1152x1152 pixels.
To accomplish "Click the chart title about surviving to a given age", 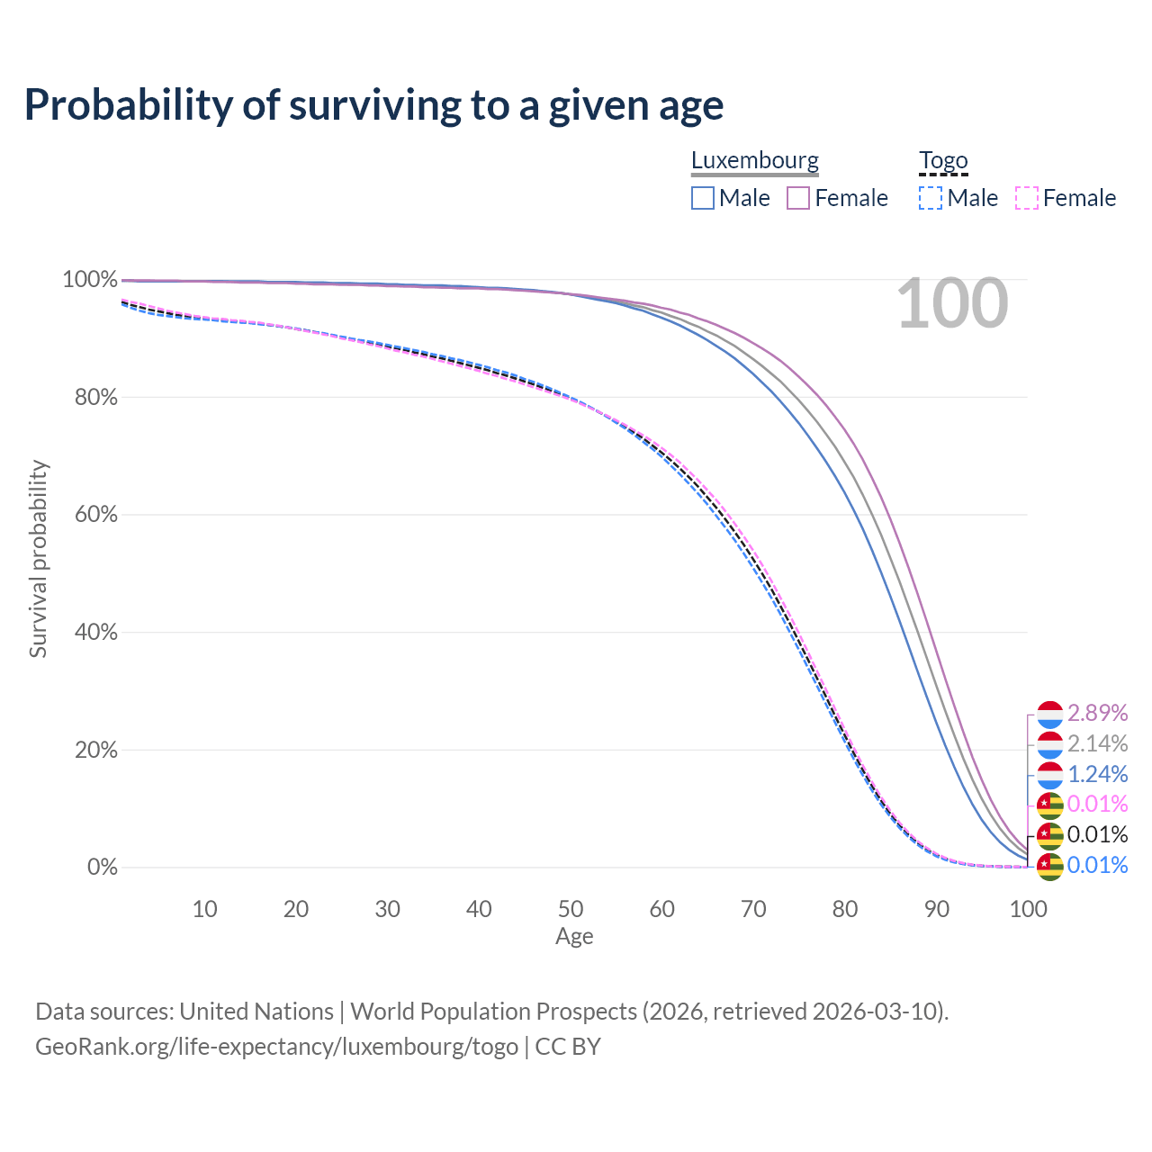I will (373, 105).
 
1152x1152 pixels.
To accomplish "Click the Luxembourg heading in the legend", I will (754, 161).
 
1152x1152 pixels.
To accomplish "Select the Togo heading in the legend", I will (942, 161).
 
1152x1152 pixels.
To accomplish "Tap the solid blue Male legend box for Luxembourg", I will (703, 198).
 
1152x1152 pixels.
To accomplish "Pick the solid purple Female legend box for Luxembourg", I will (798, 198).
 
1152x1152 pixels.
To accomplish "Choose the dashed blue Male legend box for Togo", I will (931, 198).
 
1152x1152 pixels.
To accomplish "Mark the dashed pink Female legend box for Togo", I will (1027, 198).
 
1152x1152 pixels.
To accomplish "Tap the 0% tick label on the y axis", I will (102, 868).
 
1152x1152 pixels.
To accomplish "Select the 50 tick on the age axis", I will (571, 909).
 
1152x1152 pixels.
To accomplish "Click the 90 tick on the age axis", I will (937, 909).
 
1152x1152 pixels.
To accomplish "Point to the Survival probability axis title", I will (38, 559).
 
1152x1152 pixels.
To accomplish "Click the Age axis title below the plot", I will (574, 937).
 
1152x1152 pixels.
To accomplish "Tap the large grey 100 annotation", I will (952, 304).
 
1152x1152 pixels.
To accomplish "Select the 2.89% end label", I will (1097, 713).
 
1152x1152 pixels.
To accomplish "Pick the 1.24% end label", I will (1097, 774).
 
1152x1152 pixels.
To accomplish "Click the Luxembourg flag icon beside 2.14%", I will (1050, 744).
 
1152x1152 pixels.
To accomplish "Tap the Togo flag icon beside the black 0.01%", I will (1050, 836).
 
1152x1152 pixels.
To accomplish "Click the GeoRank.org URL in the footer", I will (276, 1047).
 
